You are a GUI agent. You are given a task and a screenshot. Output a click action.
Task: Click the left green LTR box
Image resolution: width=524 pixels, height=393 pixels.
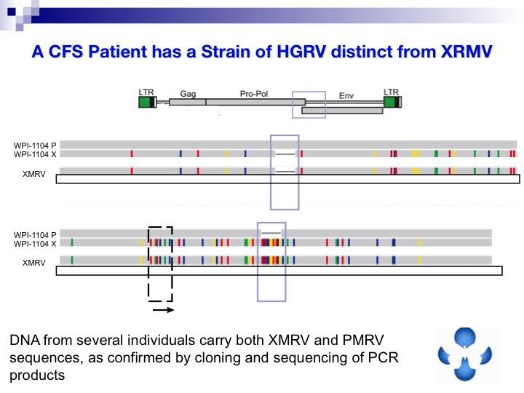tap(146, 102)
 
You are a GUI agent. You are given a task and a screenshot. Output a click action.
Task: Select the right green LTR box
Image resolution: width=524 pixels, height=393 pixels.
tap(392, 102)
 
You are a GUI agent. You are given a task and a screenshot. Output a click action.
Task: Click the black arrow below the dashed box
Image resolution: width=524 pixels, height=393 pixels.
tap(163, 309)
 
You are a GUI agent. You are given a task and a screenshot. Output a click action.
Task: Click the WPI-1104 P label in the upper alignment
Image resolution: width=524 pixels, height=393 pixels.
tap(35, 146)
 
